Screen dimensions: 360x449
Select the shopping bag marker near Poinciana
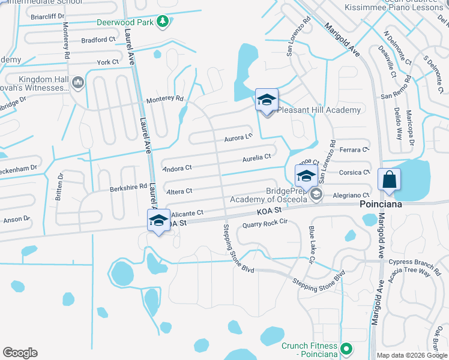coord(389,179)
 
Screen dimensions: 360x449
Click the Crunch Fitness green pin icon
coord(346,348)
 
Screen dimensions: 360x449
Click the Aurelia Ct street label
coord(257,157)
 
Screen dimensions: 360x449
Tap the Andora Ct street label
coord(177,169)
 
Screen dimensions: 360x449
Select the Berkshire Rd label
coord(128,187)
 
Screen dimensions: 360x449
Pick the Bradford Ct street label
coord(99,40)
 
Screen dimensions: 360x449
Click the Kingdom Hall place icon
coord(77,82)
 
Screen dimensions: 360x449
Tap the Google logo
coord(20,353)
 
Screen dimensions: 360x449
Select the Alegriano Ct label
coord(351,195)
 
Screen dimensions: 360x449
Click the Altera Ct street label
coord(179,191)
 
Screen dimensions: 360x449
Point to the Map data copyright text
coord(411,355)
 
